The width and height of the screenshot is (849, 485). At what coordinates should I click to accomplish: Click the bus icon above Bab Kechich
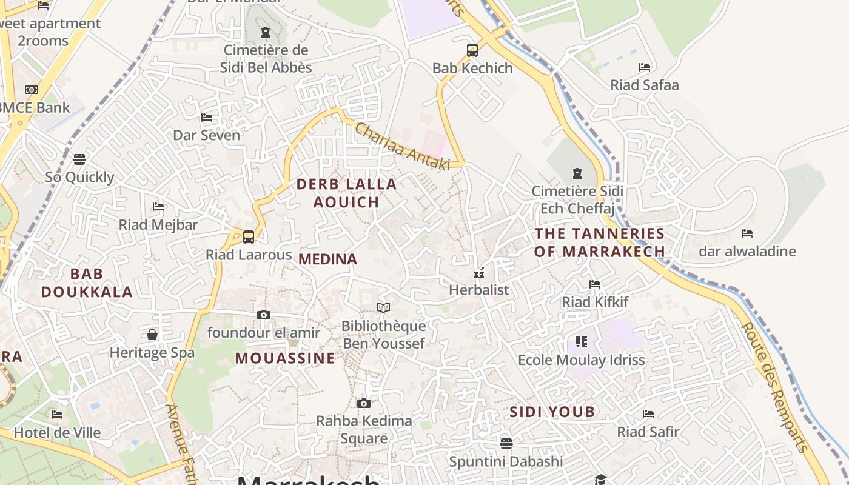(x=472, y=50)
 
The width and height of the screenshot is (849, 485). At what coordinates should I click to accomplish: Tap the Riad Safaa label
(x=644, y=85)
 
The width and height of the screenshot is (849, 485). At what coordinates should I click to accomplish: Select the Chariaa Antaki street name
(x=402, y=146)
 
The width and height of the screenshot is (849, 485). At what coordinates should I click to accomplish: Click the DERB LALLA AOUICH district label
(x=346, y=193)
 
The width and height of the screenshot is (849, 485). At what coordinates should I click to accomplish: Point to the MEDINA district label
(x=328, y=259)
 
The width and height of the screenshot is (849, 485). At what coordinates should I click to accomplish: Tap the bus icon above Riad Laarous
(x=248, y=236)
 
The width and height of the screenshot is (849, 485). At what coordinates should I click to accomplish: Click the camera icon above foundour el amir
(x=264, y=315)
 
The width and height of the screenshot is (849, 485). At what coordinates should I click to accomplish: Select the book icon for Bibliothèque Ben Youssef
(x=383, y=307)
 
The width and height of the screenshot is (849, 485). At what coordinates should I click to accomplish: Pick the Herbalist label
(x=479, y=290)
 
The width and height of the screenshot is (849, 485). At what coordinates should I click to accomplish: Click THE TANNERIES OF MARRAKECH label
(x=600, y=242)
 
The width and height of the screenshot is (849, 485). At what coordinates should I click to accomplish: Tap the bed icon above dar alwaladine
(x=747, y=233)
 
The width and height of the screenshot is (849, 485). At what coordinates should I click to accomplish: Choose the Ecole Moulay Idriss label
(x=582, y=360)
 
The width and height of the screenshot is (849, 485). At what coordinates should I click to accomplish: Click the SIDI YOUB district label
(x=552, y=412)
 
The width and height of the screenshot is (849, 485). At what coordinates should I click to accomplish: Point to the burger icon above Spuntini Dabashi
(x=506, y=443)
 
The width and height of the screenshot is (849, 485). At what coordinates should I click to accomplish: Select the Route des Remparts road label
(x=776, y=387)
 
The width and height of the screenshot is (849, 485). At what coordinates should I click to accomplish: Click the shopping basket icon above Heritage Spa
(x=152, y=335)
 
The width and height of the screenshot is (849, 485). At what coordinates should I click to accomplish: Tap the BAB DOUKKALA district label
(x=87, y=283)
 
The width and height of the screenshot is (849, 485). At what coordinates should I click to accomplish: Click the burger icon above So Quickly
(x=79, y=159)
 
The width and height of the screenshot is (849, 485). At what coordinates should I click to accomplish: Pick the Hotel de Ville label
(x=57, y=433)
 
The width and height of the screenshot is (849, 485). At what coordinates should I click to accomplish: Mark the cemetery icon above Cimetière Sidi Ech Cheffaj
(x=577, y=173)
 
